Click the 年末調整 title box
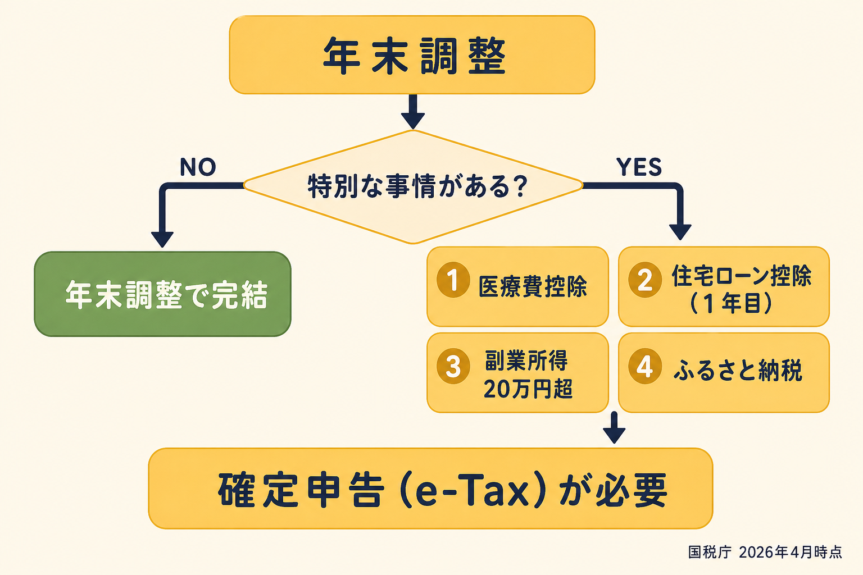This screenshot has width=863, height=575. tap(412, 55)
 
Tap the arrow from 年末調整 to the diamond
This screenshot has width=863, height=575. tap(413, 112)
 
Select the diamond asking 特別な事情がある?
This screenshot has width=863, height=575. tap(413, 186)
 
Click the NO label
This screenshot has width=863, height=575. tap(198, 167)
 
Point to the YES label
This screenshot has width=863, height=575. tap(639, 167)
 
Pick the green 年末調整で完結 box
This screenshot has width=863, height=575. tap(163, 294)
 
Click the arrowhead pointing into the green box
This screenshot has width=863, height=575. tap(162, 239)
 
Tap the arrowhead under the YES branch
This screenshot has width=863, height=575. tap(680, 231)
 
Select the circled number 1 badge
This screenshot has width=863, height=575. tap(453, 280)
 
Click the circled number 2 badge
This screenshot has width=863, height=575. tap(645, 280)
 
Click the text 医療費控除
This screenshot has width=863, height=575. tap(533, 286)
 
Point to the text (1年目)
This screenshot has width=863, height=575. tap(731, 304)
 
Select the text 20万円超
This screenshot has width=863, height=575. tap(528, 389)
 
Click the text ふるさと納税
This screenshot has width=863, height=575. tap(738, 371)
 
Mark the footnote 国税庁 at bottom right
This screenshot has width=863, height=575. tap(710, 553)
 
